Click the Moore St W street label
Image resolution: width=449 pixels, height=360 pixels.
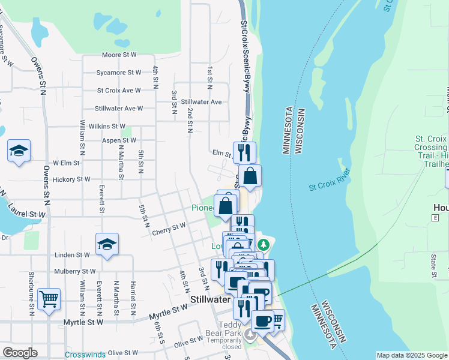tap(120, 55)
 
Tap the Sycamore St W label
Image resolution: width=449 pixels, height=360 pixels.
tap(119, 73)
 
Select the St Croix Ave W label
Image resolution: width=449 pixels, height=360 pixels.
tap(119, 91)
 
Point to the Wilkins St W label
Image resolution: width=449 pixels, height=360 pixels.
tap(106, 127)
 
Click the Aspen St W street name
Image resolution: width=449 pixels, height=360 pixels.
tap(119, 140)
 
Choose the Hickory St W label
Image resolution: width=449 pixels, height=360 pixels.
tap(71, 179)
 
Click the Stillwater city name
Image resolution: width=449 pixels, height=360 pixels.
tap(211, 299)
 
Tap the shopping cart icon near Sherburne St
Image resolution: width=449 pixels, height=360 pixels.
tap(49, 298)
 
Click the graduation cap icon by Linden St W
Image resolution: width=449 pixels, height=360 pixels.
tap(107, 244)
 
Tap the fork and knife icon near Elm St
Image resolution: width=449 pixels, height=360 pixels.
tap(244, 152)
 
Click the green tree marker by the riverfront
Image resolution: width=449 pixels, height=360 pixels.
tap(263, 244)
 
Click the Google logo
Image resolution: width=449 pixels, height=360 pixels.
tap(20, 353)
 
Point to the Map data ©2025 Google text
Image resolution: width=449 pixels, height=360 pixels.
tap(412, 355)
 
